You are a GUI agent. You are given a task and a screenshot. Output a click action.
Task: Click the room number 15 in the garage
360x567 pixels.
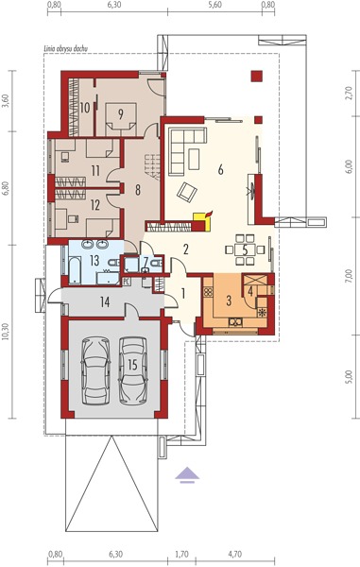tap(132, 365)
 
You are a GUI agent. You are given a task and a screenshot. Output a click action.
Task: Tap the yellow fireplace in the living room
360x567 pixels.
tap(202, 221)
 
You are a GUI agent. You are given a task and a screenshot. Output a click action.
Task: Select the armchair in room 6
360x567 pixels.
tap(187, 191)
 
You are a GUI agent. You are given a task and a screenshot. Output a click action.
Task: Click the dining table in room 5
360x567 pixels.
tap(245, 249)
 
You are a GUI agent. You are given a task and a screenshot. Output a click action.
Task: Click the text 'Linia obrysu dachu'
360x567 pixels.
tap(66, 48)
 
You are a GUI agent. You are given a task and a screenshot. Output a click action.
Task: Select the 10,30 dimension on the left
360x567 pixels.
tap(5, 332)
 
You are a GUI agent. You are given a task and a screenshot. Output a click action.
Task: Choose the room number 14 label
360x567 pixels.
tap(105, 301)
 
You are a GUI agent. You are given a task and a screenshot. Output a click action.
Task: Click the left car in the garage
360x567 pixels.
tap(95, 370)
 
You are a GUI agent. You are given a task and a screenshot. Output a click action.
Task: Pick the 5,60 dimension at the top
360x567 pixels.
tap(215, 5)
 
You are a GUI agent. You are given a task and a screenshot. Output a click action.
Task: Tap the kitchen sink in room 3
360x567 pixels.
tap(235, 321)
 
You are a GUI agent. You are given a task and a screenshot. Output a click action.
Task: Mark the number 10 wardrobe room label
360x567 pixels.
tap(85, 108)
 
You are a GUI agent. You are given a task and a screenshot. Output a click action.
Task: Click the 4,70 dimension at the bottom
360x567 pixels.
tap(235, 554)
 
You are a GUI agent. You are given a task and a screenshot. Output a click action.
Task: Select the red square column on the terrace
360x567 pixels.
tap(257, 77)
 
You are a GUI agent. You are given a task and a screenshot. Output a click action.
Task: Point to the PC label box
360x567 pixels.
tap(126, 281)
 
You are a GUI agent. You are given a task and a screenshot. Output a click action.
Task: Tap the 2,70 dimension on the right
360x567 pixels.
tap(349, 93)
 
